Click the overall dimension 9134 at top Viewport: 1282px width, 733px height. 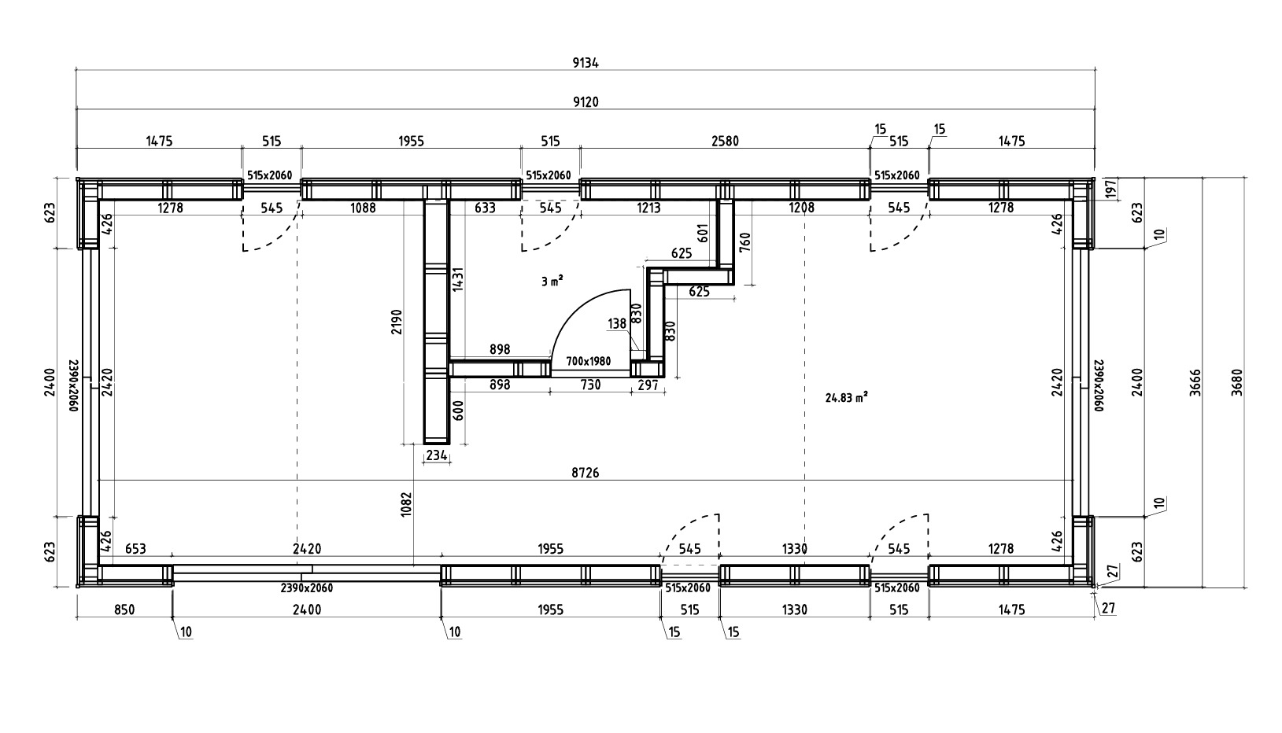(586, 64)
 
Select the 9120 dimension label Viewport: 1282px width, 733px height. (586, 101)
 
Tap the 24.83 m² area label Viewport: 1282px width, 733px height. (847, 398)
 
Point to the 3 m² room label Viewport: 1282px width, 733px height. (552, 280)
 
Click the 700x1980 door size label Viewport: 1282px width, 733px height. (588, 361)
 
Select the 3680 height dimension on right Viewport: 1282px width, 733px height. (1236, 383)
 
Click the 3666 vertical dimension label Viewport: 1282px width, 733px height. (1195, 383)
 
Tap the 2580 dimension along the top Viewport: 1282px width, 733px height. (725, 142)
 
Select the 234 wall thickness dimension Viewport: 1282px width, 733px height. (437, 455)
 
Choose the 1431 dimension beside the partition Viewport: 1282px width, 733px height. (457, 279)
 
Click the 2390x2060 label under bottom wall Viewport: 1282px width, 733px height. (307, 588)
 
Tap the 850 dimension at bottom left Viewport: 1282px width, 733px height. (124, 610)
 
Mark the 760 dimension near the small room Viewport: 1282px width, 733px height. (745, 241)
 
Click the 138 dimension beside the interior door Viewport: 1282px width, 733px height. (617, 323)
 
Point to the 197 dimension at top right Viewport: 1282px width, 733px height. (1111, 190)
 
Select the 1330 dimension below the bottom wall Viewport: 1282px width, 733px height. (795, 610)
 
